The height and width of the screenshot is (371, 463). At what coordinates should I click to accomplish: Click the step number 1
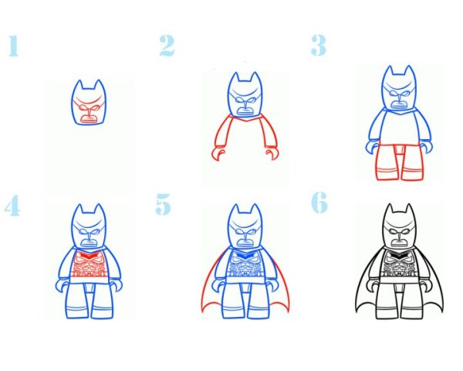click(14, 46)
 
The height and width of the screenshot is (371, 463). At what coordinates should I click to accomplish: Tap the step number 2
click(167, 46)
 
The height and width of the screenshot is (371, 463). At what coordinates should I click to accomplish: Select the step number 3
click(319, 46)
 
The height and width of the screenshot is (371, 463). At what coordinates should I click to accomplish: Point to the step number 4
click(12, 206)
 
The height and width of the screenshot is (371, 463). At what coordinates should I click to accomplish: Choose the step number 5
click(163, 204)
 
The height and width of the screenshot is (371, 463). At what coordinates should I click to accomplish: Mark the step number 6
click(319, 203)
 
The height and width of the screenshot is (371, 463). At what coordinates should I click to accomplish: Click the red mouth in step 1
click(89, 119)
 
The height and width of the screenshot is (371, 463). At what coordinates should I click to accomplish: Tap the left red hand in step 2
click(218, 154)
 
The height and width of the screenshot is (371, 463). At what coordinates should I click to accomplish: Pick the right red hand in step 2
click(272, 154)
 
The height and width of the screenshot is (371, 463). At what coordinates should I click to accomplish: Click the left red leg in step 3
click(387, 162)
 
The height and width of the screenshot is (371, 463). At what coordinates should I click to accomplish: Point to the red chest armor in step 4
click(89, 264)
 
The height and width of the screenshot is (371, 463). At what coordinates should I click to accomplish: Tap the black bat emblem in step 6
click(399, 254)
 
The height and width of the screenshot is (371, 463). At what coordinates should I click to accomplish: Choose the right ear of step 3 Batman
click(409, 71)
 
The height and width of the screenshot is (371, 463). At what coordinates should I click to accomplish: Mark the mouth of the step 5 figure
click(245, 242)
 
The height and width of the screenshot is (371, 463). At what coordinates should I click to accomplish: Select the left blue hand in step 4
click(62, 287)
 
